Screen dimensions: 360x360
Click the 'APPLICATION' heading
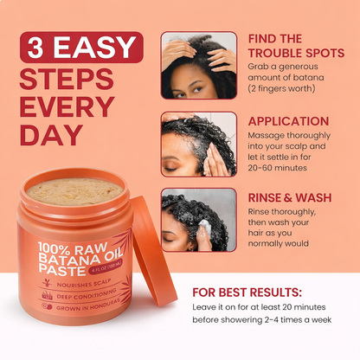click(286, 123)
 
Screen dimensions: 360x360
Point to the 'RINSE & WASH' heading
click(289, 197)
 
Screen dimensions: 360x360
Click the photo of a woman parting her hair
click(198, 66)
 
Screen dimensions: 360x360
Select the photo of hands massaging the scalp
click(198, 143)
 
